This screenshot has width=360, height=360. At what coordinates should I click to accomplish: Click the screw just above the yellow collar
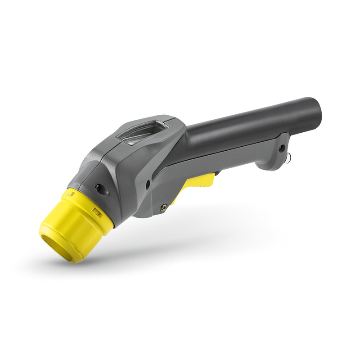coord(97,187)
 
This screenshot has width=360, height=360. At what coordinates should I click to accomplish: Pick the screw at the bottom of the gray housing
coord(163,207)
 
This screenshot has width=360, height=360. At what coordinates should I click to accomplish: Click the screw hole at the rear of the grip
coord(282,148)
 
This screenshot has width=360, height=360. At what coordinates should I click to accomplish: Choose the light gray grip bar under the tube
coord(225,155)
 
